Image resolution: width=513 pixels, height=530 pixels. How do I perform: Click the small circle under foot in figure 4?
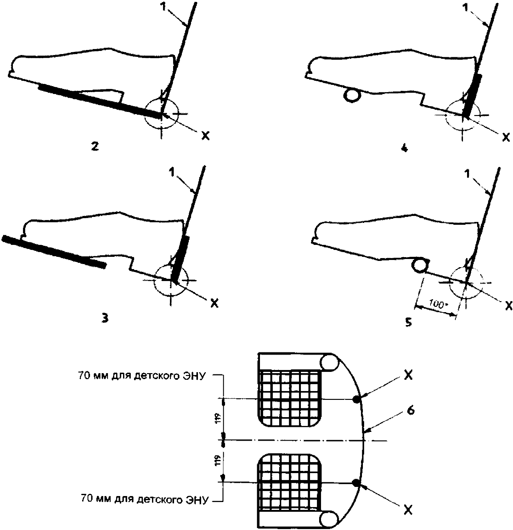(x=352, y=95)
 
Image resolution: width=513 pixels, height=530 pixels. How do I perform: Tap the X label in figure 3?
(x=214, y=303)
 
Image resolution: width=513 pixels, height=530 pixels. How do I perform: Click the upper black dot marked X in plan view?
(x=356, y=400)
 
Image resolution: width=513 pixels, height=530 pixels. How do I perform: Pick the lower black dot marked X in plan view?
(x=356, y=483)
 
